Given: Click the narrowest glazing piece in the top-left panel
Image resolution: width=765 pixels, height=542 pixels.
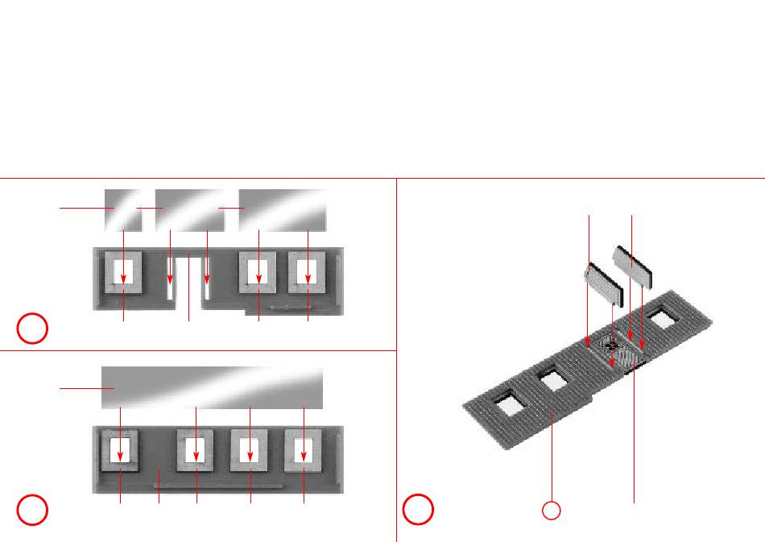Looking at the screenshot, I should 123,209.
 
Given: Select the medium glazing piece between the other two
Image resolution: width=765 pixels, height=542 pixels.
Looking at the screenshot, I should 189,209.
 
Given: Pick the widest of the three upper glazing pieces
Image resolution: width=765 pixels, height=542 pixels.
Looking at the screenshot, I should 283,209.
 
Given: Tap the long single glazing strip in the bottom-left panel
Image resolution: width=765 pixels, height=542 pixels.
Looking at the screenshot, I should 212,388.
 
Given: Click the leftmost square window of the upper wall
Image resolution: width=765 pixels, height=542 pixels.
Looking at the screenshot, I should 123,271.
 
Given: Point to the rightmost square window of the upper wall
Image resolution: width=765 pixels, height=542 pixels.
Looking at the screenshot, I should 308,271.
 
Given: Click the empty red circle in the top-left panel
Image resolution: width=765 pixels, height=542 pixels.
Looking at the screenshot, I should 34,329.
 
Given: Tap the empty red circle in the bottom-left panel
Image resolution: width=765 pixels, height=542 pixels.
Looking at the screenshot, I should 34,509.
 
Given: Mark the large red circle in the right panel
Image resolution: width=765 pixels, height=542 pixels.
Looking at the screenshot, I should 419,509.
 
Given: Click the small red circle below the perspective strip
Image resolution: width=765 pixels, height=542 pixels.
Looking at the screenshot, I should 551,510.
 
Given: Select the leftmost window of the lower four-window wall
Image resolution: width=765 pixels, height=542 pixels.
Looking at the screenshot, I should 121,451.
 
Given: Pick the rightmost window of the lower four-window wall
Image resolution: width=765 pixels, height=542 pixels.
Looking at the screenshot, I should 304,451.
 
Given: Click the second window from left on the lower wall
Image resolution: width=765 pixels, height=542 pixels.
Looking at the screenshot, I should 196,451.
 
